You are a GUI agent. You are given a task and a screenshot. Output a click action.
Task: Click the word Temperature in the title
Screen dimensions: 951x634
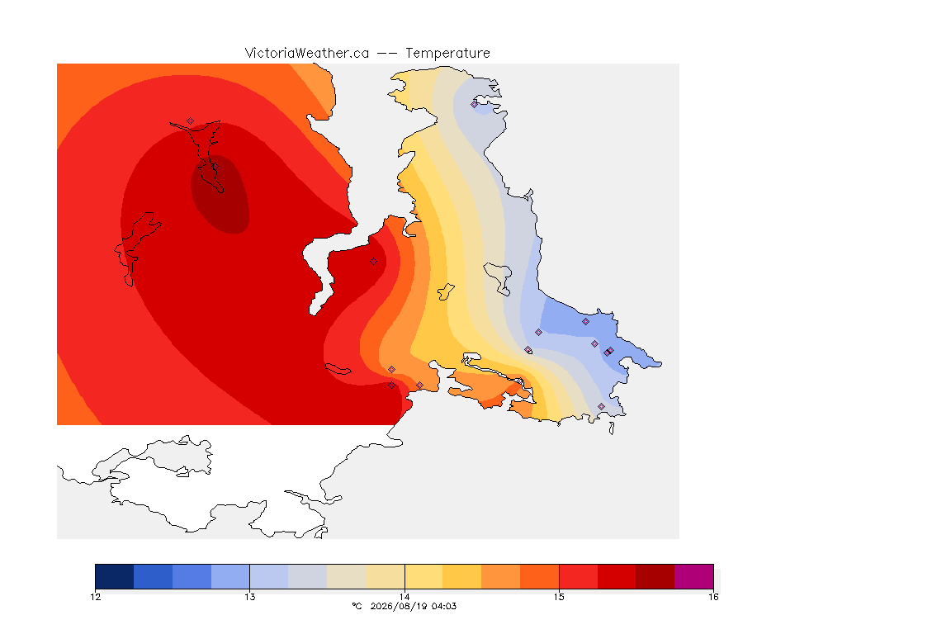(447, 54)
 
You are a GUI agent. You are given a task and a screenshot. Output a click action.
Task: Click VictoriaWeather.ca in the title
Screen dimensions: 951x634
(307, 53)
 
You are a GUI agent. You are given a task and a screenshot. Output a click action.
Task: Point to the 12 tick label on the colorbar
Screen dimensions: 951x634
(96, 597)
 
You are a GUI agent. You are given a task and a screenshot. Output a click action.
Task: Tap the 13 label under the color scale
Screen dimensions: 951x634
(250, 597)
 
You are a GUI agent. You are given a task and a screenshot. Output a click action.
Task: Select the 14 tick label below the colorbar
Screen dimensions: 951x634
(405, 597)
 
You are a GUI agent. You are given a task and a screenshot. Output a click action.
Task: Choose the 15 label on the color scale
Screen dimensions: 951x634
(559, 597)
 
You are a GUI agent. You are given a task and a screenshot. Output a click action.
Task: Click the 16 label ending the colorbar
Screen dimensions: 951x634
(713, 597)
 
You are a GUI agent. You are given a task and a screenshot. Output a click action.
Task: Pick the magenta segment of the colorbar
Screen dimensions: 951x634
(693, 576)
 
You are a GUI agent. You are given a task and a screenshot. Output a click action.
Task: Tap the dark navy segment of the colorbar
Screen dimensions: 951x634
(115, 576)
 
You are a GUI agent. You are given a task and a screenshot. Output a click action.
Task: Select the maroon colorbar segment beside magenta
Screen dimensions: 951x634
(655, 576)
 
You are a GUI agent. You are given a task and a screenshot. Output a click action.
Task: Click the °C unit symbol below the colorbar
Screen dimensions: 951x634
(357, 606)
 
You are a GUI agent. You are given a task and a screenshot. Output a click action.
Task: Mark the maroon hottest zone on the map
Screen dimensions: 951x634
(220, 194)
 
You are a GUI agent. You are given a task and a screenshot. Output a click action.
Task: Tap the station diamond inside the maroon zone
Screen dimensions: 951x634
(215, 167)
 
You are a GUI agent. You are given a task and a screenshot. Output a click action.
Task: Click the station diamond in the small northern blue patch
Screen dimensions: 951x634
(475, 104)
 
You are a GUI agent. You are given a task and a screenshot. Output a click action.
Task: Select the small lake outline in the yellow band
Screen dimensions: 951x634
(446, 291)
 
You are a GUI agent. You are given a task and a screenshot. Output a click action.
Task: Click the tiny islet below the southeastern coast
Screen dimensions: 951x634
(612, 428)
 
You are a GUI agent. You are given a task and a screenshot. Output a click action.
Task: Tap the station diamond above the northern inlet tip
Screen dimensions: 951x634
(191, 121)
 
